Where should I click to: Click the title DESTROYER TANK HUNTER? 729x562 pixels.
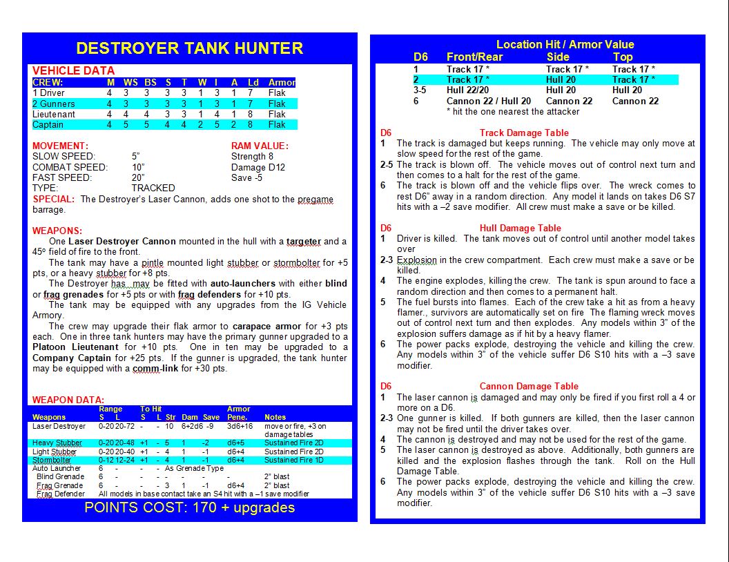pos(189,48)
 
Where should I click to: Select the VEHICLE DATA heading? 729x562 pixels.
pos(73,70)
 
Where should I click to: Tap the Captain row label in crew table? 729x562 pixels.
pos(48,125)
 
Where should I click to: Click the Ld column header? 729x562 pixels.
pos(253,83)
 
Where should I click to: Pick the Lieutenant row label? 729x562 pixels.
pos(54,115)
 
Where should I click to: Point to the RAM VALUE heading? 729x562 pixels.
pos(260,146)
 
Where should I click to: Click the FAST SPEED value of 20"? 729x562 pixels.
pos(139,177)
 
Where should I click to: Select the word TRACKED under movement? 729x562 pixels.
pos(153,188)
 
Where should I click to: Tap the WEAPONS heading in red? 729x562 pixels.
pos(57,231)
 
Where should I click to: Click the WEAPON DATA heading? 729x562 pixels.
pos(68,400)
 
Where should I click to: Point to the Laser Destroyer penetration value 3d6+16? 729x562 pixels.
pos(240,427)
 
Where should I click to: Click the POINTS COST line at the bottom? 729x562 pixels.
pos(189,508)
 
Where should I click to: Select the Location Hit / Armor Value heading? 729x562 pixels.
pos(565,44)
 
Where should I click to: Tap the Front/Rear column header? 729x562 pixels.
pos(474,57)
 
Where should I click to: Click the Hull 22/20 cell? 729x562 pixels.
pos(467,90)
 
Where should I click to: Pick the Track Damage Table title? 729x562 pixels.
pos(524,133)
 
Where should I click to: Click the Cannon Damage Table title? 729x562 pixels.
pos(529,386)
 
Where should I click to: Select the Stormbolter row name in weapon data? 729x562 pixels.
pos(52,460)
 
